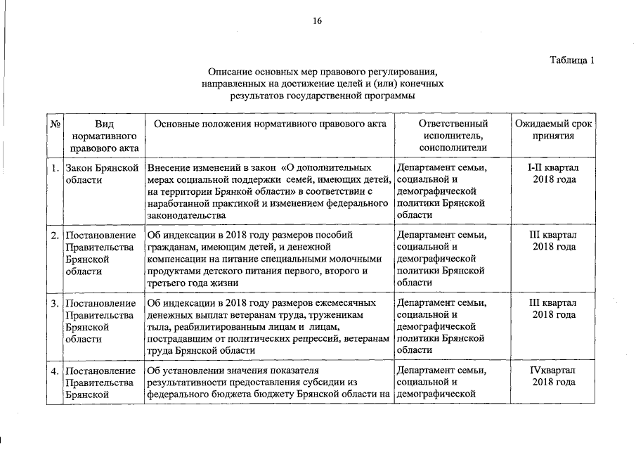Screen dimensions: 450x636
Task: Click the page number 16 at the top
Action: coord(318,22)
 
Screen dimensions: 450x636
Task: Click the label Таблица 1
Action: coord(573,60)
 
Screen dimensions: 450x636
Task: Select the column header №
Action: coord(55,124)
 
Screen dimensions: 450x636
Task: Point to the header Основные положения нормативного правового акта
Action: coord(270,124)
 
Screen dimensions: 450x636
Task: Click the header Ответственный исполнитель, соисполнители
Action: coord(453,136)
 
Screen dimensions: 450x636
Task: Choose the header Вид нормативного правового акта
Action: coord(103,136)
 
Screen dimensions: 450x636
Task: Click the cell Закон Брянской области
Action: coord(100,174)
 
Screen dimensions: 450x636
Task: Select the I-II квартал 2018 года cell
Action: coord(553,174)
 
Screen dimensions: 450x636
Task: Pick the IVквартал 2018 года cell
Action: coord(553,375)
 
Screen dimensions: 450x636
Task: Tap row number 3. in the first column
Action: coord(55,303)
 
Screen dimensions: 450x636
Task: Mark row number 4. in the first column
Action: coord(55,371)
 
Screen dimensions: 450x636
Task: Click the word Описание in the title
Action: coord(230,72)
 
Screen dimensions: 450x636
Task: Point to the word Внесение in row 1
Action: coord(168,168)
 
